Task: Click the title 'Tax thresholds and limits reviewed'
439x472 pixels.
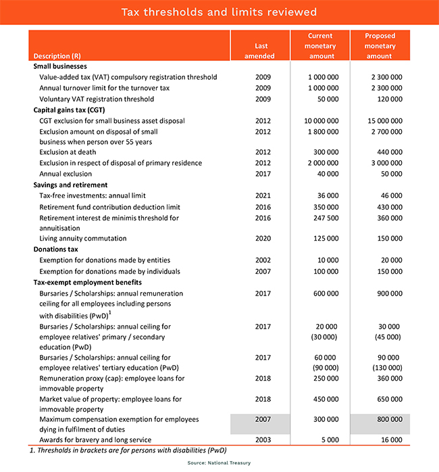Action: [219, 13]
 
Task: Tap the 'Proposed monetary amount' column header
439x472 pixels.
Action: [380, 46]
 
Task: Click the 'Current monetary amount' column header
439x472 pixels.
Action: [320, 46]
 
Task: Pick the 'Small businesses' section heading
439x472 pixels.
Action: [60, 67]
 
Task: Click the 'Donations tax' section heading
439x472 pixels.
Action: [57, 250]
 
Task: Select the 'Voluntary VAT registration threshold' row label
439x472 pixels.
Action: [97, 99]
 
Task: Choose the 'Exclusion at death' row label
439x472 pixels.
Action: [68, 152]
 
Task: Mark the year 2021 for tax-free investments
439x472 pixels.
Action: [263, 195]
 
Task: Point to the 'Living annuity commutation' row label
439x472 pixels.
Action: [83, 239]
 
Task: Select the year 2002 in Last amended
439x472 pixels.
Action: [263, 260]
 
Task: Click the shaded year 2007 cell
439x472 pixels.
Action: [263, 420]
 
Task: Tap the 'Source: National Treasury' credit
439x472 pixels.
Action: [219, 463]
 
